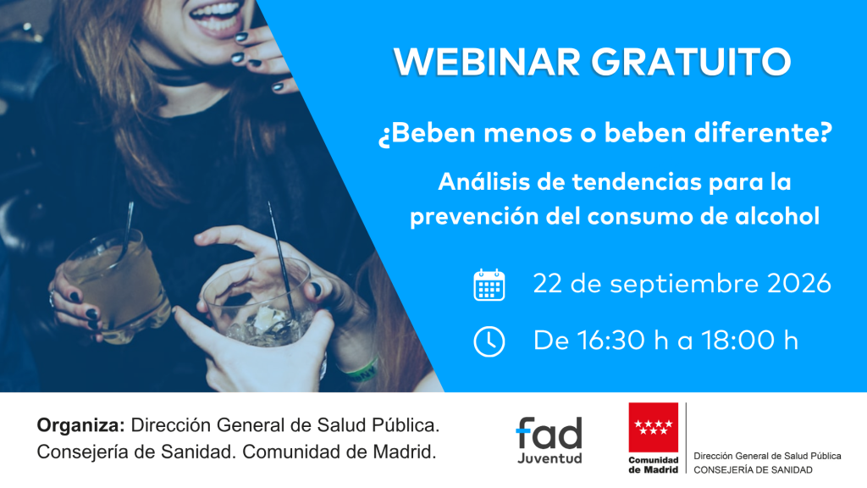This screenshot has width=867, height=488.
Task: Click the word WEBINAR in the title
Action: [487, 61]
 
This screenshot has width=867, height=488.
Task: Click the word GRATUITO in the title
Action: [691, 61]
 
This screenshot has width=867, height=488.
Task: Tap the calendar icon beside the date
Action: [489, 285]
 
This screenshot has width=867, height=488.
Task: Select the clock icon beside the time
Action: [489, 341]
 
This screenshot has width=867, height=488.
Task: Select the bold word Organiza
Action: [80, 425]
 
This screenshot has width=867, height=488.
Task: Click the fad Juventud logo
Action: [549, 440]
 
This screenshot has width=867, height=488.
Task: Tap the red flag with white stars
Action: [653, 427]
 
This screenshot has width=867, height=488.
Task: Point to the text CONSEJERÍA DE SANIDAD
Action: [753, 469]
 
